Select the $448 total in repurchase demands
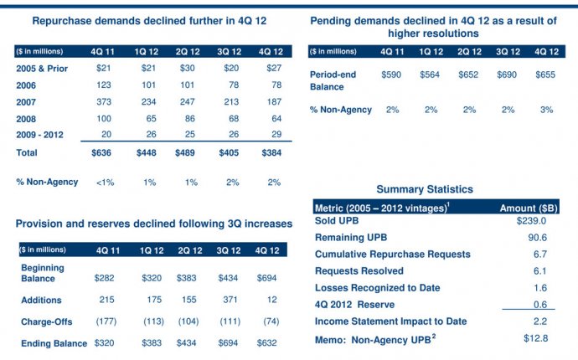click(147, 153)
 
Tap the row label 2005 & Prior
click(42, 68)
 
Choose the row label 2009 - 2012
click(43, 135)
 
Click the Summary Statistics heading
click(424, 190)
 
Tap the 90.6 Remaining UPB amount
click(535, 238)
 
